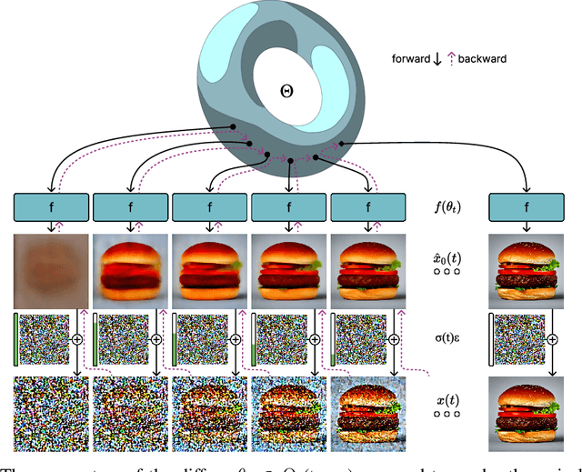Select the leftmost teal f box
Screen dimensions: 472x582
pyautogui.click(x=51, y=209)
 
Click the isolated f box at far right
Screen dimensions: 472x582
pyautogui.click(x=527, y=209)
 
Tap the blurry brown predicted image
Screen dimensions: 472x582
pyautogui.click(x=51, y=270)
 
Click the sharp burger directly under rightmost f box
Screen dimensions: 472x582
pyautogui.click(x=527, y=270)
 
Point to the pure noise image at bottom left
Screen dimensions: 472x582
pyautogui.click(x=51, y=414)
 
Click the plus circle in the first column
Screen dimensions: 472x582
pyautogui.click(x=76, y=337)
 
